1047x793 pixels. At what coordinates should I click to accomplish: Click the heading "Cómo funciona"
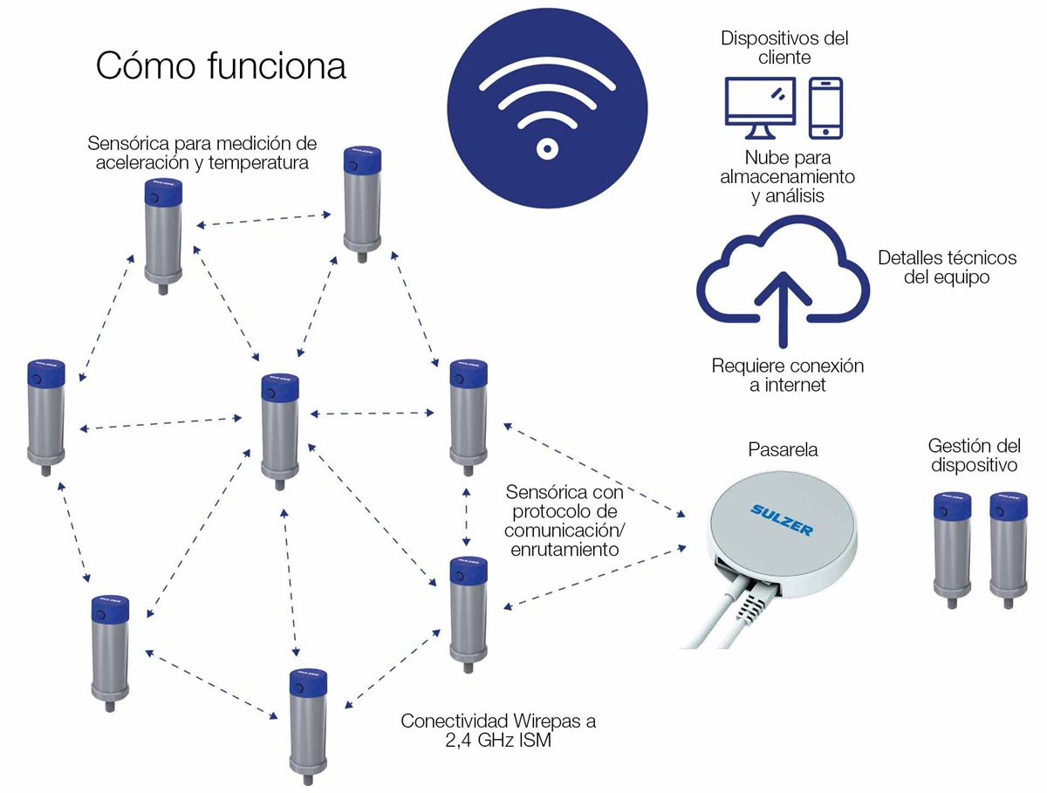(x=221, y=65)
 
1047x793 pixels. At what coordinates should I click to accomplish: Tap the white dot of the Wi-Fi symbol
(x=547, y=148)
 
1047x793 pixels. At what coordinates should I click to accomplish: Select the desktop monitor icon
(x=760, y=108)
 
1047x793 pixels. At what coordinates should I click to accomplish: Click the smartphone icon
(x=825, y=108)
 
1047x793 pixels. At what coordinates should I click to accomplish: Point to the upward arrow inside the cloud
(x=783, y=309)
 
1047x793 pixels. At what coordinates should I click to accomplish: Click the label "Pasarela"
(x=783, y=449)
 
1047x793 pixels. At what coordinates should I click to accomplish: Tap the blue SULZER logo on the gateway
(x=782, y=520)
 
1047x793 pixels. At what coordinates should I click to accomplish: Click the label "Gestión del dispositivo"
(x=974, y=455)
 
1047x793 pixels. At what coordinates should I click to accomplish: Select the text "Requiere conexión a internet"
(x=788, y=375)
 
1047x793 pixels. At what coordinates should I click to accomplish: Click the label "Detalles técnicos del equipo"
(x=948, y=267)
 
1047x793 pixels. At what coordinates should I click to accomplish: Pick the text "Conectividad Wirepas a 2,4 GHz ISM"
(x=498, y=730)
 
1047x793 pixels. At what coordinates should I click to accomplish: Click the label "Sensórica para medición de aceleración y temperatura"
(x=202, y=153)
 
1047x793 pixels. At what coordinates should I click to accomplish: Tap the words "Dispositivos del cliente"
(x=784, y=48)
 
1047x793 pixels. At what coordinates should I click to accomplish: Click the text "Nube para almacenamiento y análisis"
(x=788, y=176)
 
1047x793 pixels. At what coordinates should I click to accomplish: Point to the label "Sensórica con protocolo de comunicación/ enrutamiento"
(x=565, y=520)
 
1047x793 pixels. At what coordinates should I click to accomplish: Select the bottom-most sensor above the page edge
(x=308, y=727)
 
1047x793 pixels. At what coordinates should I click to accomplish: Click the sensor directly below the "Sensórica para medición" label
(x=163, y=236)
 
